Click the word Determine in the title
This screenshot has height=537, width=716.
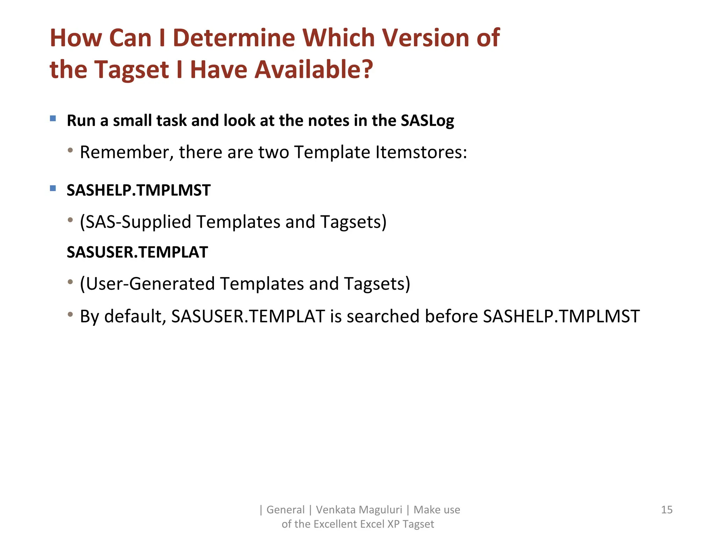(x=234, y=38)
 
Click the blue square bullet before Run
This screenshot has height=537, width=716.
(x=53, y=119)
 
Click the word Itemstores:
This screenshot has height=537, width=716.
(x=421, y=152)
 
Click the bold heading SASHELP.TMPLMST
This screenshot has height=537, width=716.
(x=138, y=191)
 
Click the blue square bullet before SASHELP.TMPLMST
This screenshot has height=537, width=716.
(x=53, y=188)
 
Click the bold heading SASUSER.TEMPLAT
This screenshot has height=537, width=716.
(x=137, y=252)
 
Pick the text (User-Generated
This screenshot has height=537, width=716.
(x=147, y=284)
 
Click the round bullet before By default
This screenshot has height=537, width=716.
(x=70, y=315)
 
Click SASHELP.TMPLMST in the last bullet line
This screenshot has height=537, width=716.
(x=561, y=316)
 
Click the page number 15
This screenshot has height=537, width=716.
(x=667, y=510)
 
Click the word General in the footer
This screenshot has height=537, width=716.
(x=285, y=510)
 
